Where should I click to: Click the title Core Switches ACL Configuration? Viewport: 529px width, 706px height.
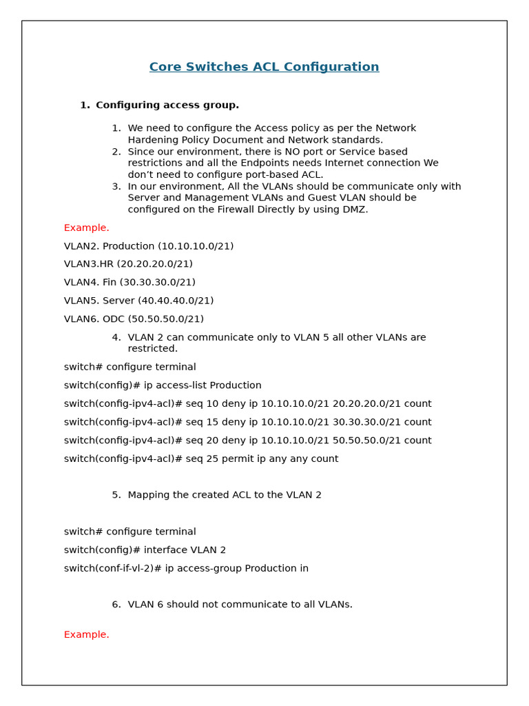click(x=264, y=67)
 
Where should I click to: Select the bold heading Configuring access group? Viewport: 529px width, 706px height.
click(x=167, y=105)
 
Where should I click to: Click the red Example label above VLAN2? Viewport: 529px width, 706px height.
click(x=86, y=228)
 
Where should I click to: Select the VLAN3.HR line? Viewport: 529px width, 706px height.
click(x=128, y=264)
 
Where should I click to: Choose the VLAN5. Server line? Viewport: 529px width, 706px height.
click(x=138, y=301)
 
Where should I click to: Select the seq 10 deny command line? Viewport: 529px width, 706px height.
click(x=247, y=404)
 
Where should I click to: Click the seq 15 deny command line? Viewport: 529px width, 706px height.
click(x=247, y=422)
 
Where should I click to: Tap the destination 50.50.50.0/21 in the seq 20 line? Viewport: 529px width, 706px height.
click(x=382, y=441)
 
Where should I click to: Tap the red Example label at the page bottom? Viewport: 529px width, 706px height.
click(x=86, y=634)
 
